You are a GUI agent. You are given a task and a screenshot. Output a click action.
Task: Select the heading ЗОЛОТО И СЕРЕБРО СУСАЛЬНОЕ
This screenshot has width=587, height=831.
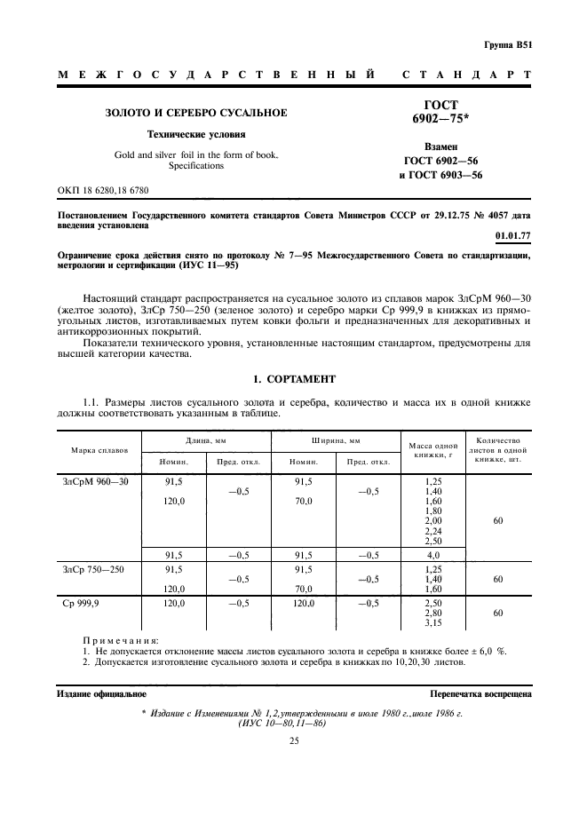196,114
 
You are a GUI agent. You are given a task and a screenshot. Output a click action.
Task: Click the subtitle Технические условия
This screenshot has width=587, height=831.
196,135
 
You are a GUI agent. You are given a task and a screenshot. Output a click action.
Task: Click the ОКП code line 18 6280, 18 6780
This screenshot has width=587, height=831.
103,191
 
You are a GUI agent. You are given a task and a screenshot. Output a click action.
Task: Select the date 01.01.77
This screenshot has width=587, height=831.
512,236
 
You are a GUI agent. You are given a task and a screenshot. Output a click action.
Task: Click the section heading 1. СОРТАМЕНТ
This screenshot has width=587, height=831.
294,379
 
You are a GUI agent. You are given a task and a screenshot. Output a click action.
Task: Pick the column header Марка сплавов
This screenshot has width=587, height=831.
99,450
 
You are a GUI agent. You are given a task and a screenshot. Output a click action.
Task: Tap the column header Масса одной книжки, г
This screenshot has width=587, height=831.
432,450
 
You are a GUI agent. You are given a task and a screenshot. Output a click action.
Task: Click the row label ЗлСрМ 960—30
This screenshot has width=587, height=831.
96,481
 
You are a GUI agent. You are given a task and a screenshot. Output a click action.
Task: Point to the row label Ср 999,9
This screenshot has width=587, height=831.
82,603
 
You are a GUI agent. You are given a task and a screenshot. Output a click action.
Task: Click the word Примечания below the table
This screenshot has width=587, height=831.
120,639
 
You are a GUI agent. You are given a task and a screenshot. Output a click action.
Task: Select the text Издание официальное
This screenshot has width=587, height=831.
101,692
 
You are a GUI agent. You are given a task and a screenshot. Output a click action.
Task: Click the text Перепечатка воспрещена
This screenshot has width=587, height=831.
480,692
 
